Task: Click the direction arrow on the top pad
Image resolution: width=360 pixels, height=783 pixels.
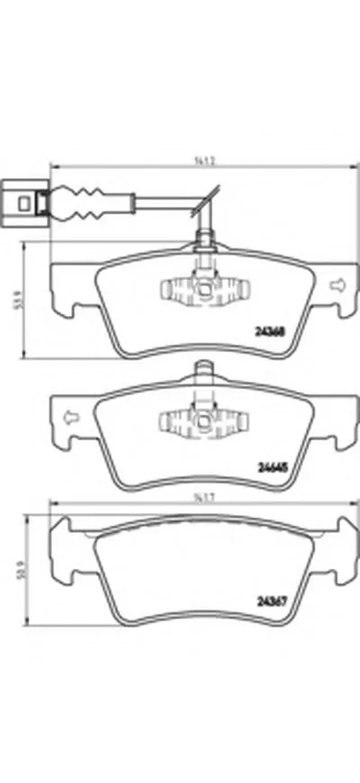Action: point(338,285)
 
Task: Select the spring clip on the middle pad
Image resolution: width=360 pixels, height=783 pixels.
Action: point(204,420)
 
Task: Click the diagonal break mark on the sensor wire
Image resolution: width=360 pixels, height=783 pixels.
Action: point(212,197)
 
